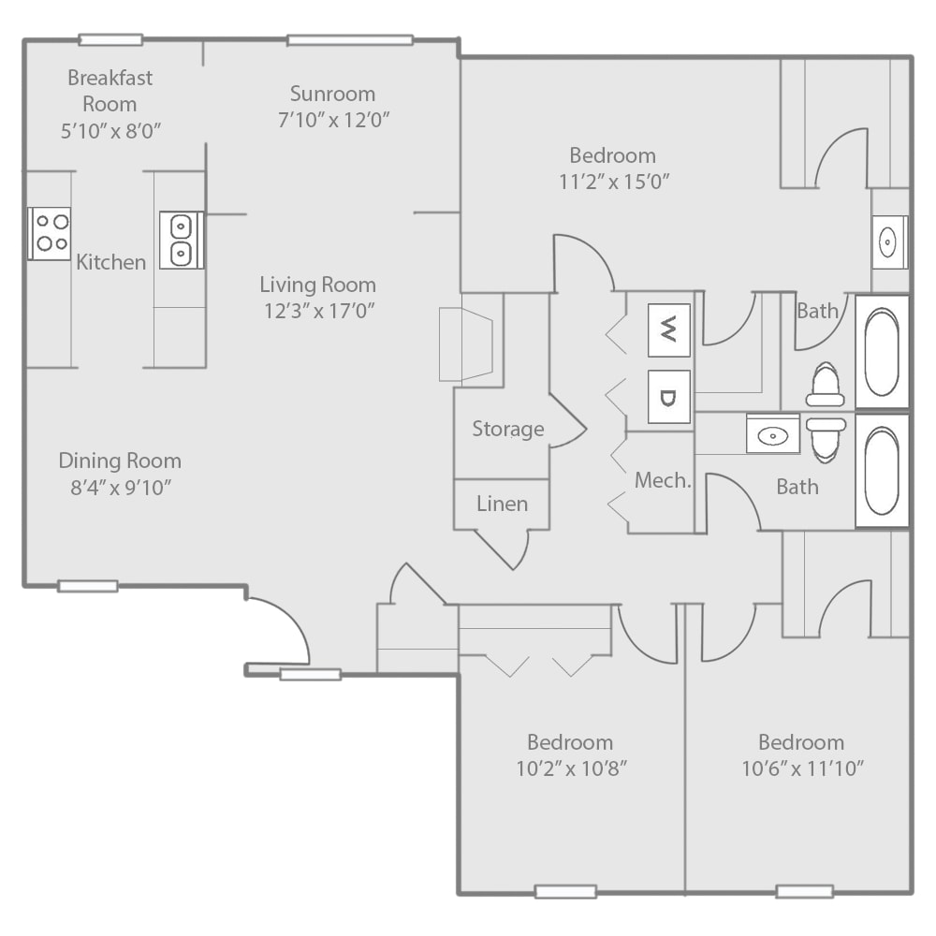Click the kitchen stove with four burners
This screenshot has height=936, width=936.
[x=50, y=233]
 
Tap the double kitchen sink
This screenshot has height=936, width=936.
[x=181, y=240]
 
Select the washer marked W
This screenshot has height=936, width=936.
[x=668, y=329]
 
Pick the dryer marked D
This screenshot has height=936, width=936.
[x=668, y=397]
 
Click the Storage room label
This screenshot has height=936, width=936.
[x=507, y=429]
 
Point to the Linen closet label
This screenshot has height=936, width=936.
[x=502, y=504]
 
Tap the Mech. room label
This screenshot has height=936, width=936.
[x=663, y=481]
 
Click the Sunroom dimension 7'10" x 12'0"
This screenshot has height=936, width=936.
[x=333, y=120]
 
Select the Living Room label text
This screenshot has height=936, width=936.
[x=317, y=285]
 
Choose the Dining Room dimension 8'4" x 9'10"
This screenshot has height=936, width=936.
[x=120, y=487]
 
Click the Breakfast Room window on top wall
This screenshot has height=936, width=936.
[x=110, y=39]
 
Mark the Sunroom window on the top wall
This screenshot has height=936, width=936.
[x=350, y=39]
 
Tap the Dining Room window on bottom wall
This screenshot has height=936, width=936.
[x=88, y=586]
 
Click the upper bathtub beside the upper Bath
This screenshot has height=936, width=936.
[x=882, y=352]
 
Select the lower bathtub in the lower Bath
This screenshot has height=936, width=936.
[x=882, y=471]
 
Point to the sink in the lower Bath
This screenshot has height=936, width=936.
[x=773, y=434]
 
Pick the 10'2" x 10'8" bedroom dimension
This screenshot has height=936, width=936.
[x=570, y=769]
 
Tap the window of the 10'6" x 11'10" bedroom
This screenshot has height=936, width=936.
[x=805, y=891]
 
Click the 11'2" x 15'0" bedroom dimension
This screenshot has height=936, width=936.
[x=613, y=182]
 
